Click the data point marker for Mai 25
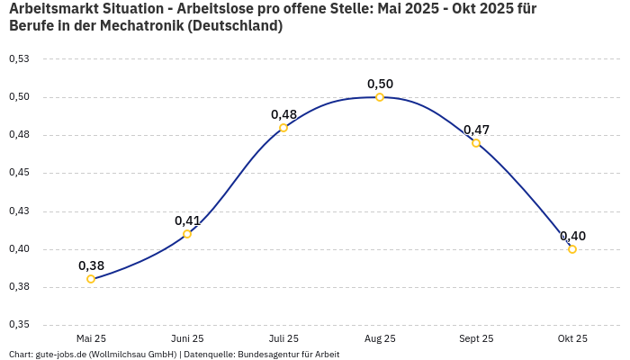pos(91,279)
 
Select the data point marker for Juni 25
pos(187,234)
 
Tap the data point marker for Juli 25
pos(283,128)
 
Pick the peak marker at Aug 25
pos(380,97)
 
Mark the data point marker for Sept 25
pos(476,143)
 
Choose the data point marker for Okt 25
pos(572,249)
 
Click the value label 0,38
pos(91,265)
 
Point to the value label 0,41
pos(187,220)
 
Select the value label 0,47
pos(476,130)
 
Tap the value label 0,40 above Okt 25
pos(572,236)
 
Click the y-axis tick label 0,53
pos(18,59)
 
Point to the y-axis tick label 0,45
pos(18,174)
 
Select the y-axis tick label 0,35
pos(18,325)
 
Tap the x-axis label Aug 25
pos(380,338)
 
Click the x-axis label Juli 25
pos(283,338)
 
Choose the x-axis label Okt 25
pos(572,338)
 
